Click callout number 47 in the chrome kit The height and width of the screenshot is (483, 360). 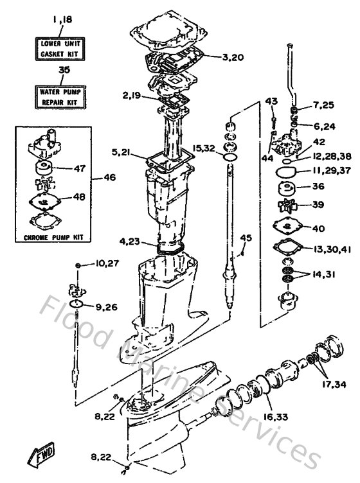[x=79, y=169]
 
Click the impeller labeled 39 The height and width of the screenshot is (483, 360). [x=285, y=206]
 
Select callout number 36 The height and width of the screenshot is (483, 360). [x=319, y=188]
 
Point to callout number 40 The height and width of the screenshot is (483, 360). [x=319, y=228]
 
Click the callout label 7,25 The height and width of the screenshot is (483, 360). [x=325, y=105]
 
